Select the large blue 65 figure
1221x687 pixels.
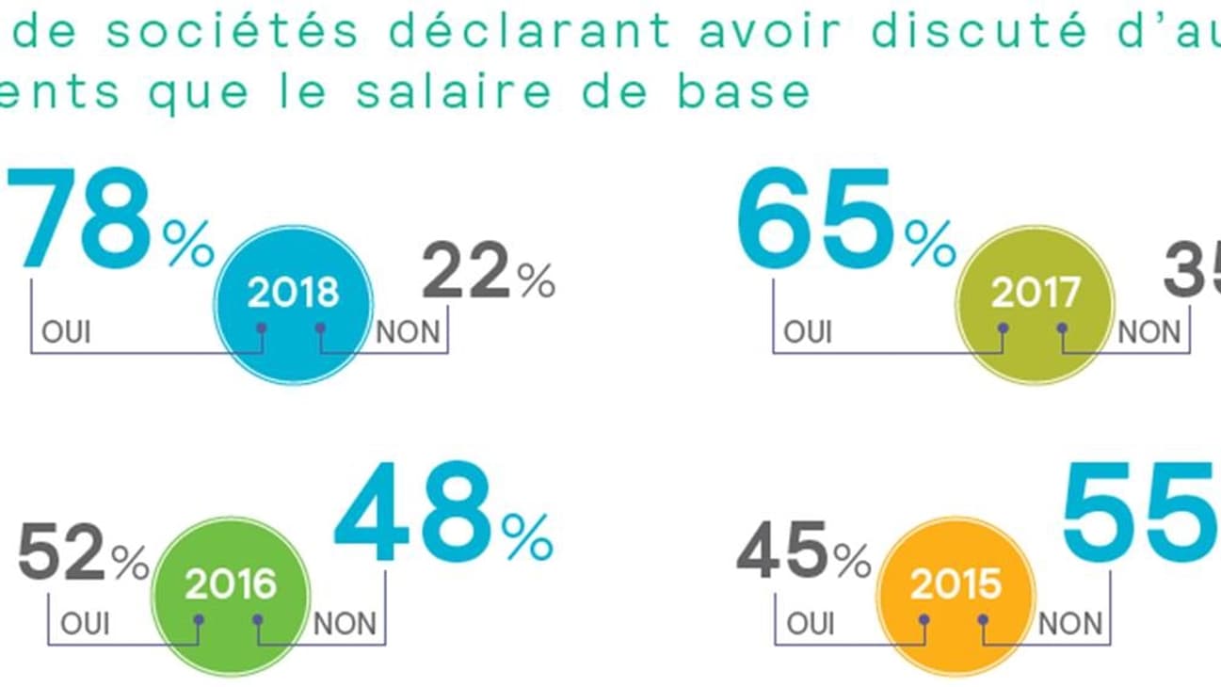click(x=815, y=218)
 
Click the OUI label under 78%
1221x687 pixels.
click(x=67, y=332)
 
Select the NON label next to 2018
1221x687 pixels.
click(x=409, y=332)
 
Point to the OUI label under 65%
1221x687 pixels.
click(x=809, y=332)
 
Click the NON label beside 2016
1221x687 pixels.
click(x=345, y=623)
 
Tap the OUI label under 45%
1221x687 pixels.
click(x=810, y=623)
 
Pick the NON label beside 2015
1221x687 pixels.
click(x=1070, y=623)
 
